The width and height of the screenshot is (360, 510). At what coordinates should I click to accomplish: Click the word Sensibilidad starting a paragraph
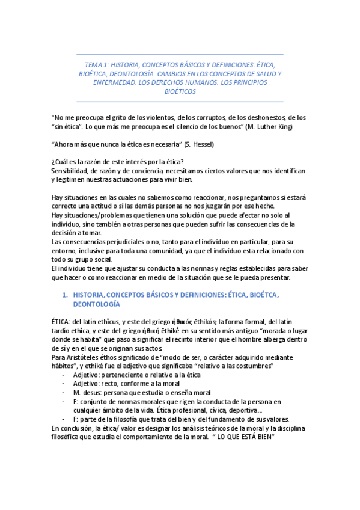tap(71, 171)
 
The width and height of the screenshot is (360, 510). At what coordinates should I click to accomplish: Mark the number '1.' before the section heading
tap(66, 295)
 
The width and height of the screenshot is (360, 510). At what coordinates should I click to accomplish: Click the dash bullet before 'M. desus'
tap(64, 392)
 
